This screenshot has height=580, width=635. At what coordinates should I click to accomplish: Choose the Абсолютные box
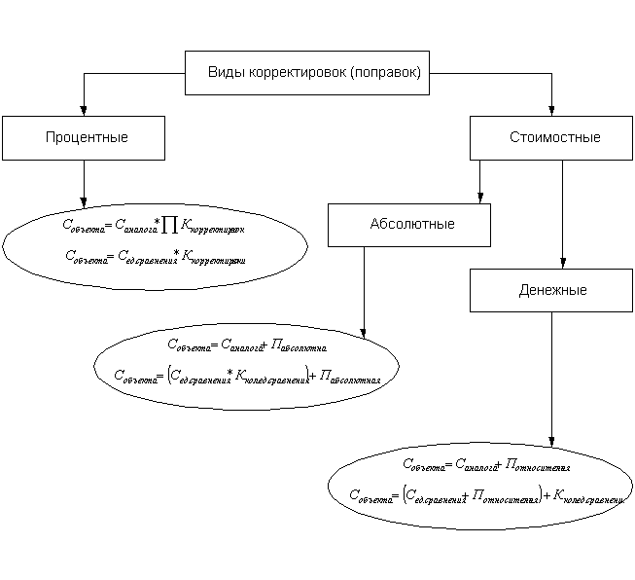point(409,225)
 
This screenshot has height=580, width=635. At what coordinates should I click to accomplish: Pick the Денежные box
point(551,290)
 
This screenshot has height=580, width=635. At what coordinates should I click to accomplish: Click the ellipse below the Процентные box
point(156,243)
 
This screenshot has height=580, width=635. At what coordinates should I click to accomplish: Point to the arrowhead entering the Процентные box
point(84,111)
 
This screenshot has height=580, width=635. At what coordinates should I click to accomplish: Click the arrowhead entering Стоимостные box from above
point(552,111)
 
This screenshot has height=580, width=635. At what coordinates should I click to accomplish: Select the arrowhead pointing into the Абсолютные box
point(478,198)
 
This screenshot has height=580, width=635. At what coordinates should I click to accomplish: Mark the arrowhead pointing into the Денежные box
point(562,264)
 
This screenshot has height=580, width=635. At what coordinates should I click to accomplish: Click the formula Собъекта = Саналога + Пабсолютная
point(251,344)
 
